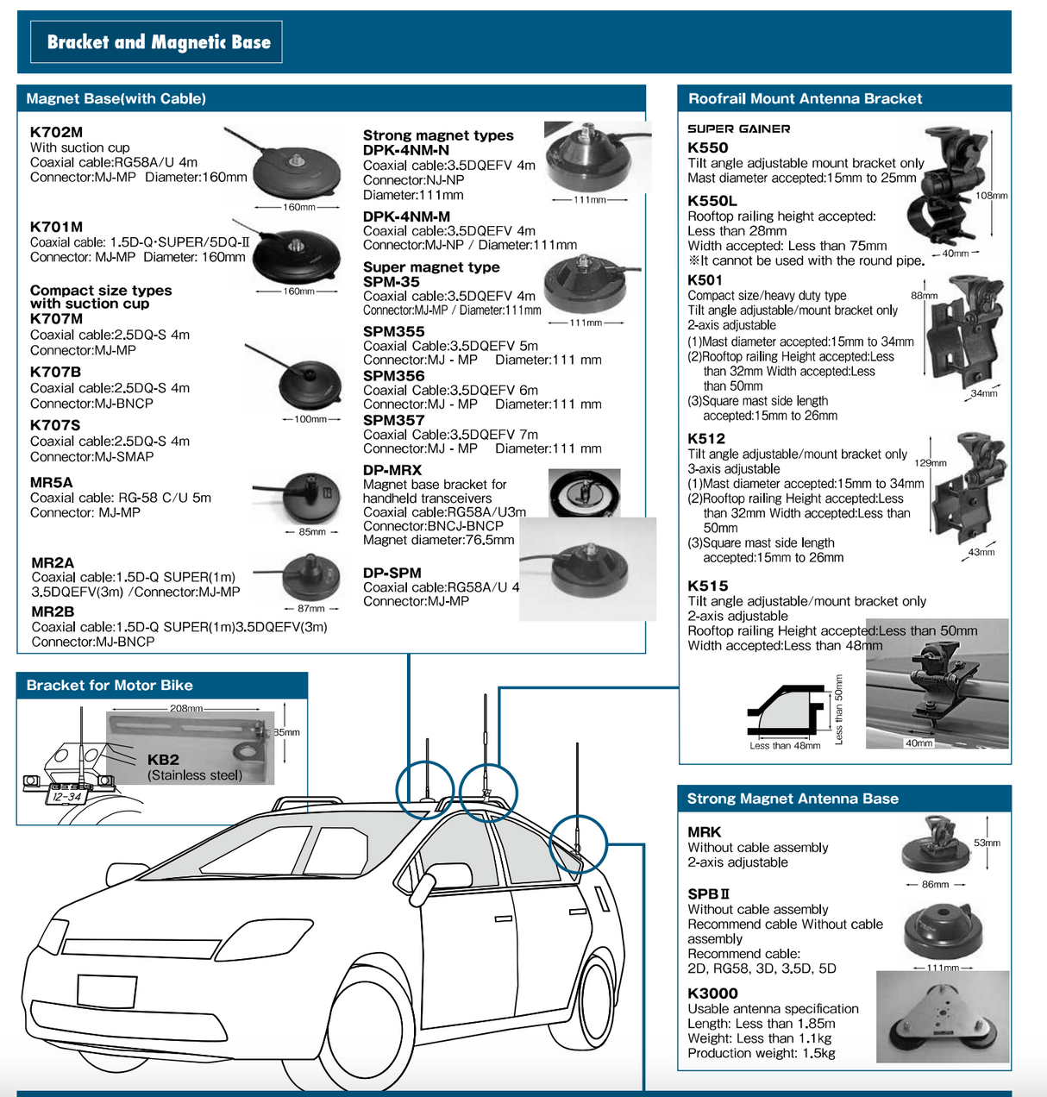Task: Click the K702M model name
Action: [x=56, y=132]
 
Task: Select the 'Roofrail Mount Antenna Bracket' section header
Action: [x=805, y=99]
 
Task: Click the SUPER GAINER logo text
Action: [x=738, y=129]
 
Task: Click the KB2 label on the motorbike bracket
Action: [x=163, y=760]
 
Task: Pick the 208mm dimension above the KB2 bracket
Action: [x=187, y=709]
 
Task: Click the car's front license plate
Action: [x=106, y=990]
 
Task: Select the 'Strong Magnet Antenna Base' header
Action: [x=792, y=799]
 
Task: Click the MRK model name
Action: [x=704, y=832]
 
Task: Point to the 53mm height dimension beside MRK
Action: [x=987, y=843]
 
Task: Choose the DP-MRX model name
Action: [x=392, y=470]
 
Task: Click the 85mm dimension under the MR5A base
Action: [x=312, y=532]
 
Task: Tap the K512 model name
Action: [x=706, y=439]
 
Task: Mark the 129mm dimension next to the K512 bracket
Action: [x=930, y=463]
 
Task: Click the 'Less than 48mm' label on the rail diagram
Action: [x=785, y=746]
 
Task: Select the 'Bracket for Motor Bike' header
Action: [x=110, y=686]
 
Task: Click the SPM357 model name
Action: [x=393, y=420]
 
